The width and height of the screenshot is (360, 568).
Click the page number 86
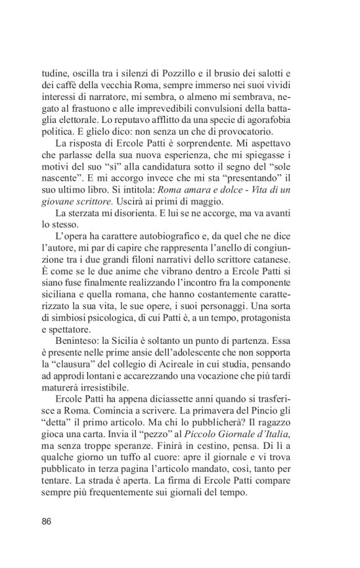click(x=47, y=521)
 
